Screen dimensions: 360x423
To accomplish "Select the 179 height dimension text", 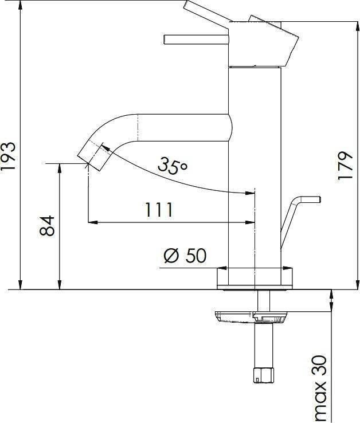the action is (345, 166).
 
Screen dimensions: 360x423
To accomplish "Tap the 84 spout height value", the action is (47, 225).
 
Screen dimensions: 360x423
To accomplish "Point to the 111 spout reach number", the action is (159, 210).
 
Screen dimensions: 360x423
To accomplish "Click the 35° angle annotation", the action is (173, 165).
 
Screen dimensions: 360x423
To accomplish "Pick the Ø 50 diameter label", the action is (185, 256).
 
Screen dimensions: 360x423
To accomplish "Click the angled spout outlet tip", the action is (94, 156).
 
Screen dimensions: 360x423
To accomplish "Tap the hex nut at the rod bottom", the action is (263, 375).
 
